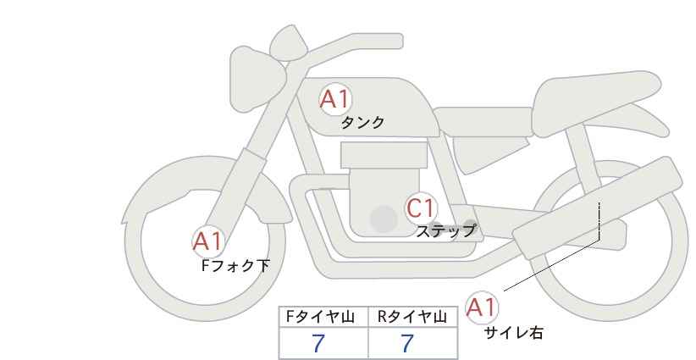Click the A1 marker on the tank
click(336, 99)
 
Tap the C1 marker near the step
click(421, 208)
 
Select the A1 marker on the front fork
click(207, 241)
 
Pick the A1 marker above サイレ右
click(482, 307)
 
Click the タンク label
click(362, 123)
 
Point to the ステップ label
click(445, 231)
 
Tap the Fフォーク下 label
click(235, 265)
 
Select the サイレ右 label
click(514, 333)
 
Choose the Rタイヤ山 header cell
click(413, 317)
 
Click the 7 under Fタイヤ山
click(318, 343)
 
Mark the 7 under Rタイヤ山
click(407, 343)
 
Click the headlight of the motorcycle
click(257, 80)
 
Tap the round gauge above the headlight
click(289, 42)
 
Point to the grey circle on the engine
click(384, 219)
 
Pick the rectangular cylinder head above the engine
click(384, 155)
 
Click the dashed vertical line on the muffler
click(599, 220)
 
